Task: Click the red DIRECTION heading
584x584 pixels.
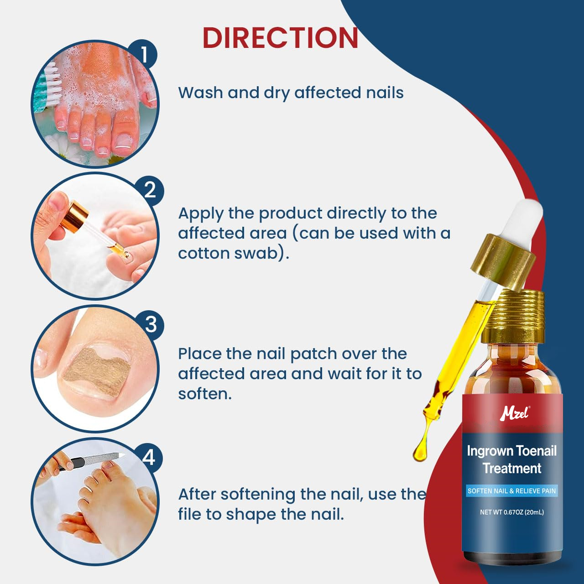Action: [x=280, y=38]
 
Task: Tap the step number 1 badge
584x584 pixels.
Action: [x=143, y=55]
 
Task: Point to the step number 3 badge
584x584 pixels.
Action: [x=150, y=324]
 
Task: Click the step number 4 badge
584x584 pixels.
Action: [x=149, y=457]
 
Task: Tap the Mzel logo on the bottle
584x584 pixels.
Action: [x=514, y=413]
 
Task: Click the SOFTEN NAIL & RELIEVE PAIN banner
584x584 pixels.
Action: [x=511, y=491]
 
